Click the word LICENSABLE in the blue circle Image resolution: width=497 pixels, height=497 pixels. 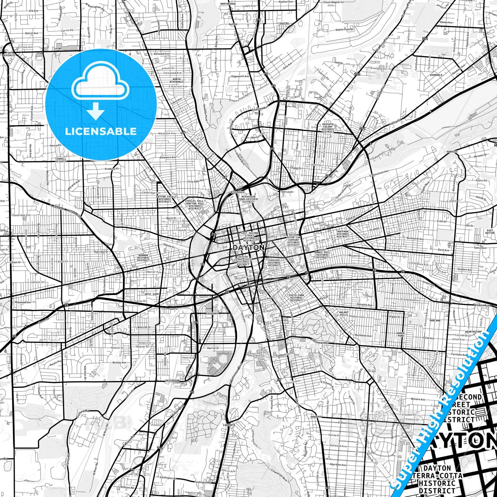coord(101,131)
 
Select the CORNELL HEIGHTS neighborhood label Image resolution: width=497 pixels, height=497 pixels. coord(61,160)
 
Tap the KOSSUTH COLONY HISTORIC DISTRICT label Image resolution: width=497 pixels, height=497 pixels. coord(328,128)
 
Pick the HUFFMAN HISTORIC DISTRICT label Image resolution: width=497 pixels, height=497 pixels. coord(343,234)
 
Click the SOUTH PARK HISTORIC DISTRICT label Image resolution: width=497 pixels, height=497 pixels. coord(296,298)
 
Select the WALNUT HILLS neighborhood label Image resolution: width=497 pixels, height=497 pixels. coord(344,313)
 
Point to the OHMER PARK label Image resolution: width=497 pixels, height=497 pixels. coord(400,334)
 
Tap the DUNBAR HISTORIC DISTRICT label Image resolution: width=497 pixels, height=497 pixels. coord(143,258)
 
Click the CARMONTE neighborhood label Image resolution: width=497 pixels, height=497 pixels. coord(229,425)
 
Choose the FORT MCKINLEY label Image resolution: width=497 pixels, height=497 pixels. coord(9,54)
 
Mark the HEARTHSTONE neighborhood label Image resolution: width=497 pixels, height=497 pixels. coord(473,332)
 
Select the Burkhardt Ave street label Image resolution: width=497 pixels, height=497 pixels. coord(415,238)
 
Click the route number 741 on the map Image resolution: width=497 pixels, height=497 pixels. coord(160,448)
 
